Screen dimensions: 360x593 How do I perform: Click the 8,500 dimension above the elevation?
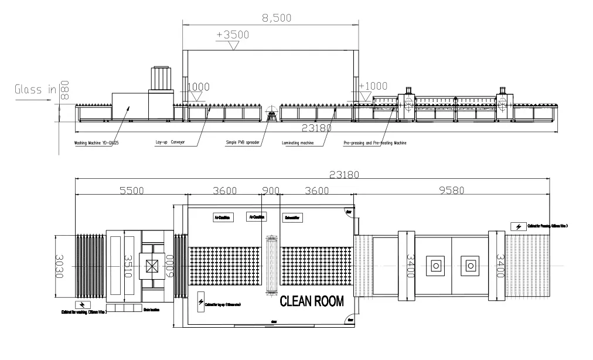(276, 18)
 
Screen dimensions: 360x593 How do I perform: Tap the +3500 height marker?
(233, 35)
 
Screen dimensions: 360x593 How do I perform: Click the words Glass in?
(36, 90)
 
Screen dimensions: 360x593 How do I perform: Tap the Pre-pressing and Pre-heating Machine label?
(374, 142)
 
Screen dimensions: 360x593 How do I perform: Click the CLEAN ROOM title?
(311, 301)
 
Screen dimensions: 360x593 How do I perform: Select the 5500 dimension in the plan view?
(131, 190)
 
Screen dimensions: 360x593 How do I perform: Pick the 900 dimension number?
(270, 190)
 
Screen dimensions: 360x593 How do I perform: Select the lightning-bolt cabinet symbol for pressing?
(517, 226)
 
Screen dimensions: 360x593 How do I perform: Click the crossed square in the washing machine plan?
(152, 267)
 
